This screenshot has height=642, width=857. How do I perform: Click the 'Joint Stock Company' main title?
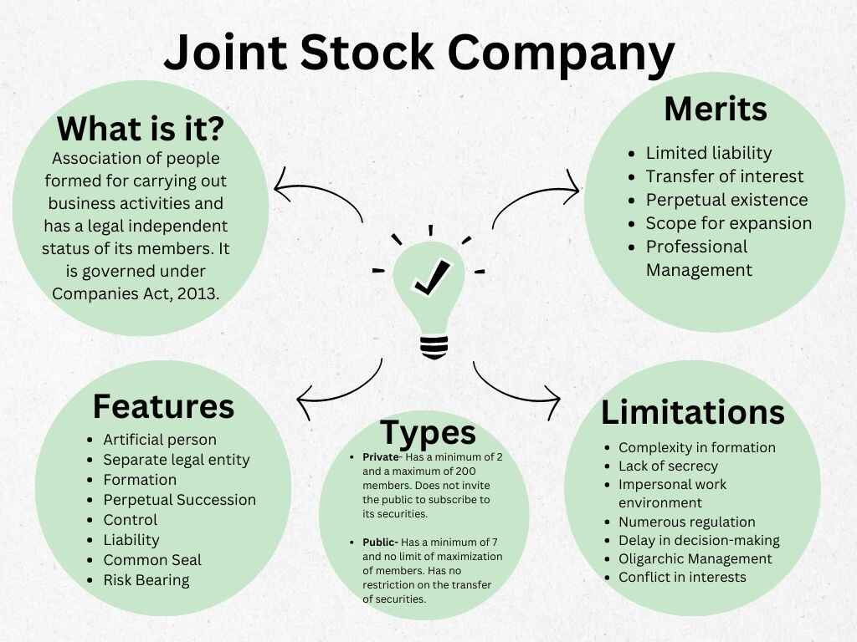[418, 52]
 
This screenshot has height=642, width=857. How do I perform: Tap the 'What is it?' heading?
[141, 129]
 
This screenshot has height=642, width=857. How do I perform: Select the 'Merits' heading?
[716, 110]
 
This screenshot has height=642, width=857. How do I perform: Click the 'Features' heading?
[163, 405]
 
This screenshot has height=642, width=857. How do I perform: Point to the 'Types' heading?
[428, 432]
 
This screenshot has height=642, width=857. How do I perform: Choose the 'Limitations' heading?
[693, 412]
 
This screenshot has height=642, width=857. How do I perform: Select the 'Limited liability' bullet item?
[708, 153]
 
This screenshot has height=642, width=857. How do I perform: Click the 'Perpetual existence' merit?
[726, 200]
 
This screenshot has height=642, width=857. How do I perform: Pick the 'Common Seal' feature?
[152, 560]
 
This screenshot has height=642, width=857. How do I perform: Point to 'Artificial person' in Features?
[160, 440]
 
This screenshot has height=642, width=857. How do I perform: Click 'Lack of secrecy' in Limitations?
[668, 466]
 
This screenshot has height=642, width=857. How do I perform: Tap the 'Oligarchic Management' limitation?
[695, 558]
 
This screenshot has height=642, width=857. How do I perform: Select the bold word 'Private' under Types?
[381, 457]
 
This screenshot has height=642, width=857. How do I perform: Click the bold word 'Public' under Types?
[380, 543]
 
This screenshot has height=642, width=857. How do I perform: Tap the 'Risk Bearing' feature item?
[146, 580]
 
